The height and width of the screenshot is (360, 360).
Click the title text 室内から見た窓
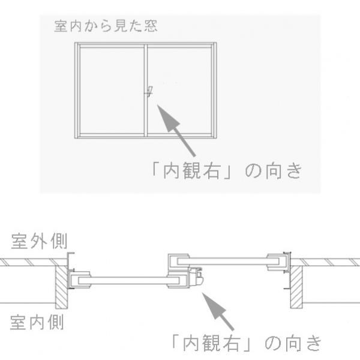coord(106,26)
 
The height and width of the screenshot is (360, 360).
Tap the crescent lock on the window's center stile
coord(149,92)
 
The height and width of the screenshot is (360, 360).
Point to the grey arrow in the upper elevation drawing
coord(176,130)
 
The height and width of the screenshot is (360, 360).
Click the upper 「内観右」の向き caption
coord(227,171)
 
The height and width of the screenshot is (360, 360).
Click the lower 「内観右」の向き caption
coord(247,343)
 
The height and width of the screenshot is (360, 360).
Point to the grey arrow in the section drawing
coord(217,311)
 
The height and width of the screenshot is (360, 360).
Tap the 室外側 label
coord(39,241)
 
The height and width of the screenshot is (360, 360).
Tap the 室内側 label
coord(37,322)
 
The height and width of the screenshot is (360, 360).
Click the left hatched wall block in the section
coord(62,287)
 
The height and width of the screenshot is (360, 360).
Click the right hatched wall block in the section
coord(296,287)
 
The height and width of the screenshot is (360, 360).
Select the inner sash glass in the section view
coord(129,281)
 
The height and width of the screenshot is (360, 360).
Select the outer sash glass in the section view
coord(228,261)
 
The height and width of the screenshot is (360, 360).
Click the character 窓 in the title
coord(151,26)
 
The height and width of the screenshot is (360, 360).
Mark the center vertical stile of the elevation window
coord(146,90)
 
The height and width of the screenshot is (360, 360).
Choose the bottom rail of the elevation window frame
coord(146,136)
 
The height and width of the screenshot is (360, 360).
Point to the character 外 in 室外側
coord(39,241)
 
